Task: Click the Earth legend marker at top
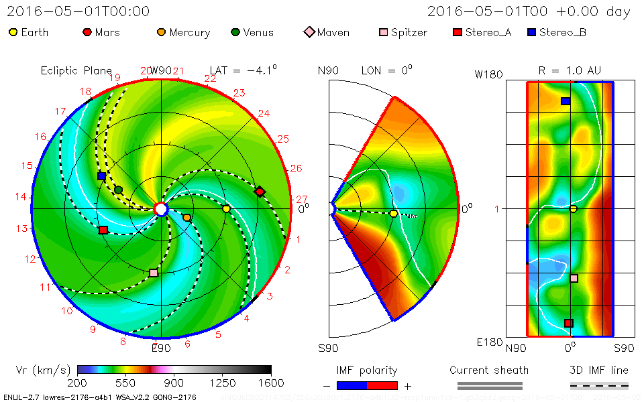coord(13,32)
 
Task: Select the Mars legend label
coord(107,32)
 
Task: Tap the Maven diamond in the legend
coord(309,32)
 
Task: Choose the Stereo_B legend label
coord(563,32)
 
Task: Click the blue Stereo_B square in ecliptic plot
coord(101,176)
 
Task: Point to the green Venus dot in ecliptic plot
coord(119,190)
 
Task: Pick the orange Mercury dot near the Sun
coord(186,218)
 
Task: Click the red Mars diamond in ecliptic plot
coord(260,192)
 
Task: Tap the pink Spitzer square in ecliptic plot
coord(154,273)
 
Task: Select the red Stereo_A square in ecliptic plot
coord(103,230)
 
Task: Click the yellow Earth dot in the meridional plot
coord(393,214)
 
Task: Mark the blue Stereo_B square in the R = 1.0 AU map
coord(566,101)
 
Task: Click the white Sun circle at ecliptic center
coord(161,209)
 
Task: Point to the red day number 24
coord(264,113)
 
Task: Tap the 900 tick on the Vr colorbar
coord(174,383)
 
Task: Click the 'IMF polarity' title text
coord(367,370)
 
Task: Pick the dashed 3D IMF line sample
coord(599,386)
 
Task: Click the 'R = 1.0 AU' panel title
coord(570,70)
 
